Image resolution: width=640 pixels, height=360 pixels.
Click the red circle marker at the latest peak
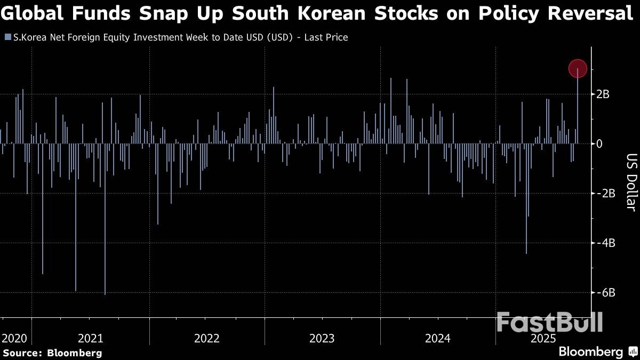[x=578, y=68]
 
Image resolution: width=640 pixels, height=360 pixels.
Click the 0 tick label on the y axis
[x=599, y=144]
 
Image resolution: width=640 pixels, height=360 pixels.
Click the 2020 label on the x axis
[x=14, y=339]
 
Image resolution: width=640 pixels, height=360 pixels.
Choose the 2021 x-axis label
[x=91, y=339]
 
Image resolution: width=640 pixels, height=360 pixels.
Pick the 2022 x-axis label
[x=207, y=339]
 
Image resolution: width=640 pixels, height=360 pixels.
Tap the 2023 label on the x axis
[x=322, y=339]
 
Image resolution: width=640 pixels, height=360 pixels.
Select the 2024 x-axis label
[x=438, y=339]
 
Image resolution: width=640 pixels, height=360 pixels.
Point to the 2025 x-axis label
[x=543, y=339]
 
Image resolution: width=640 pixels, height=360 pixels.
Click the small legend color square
[x=7, y=37]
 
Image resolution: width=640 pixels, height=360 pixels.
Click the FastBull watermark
[x=550, y=323]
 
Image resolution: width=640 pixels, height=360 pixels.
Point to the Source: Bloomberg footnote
[x=52, y=353]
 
